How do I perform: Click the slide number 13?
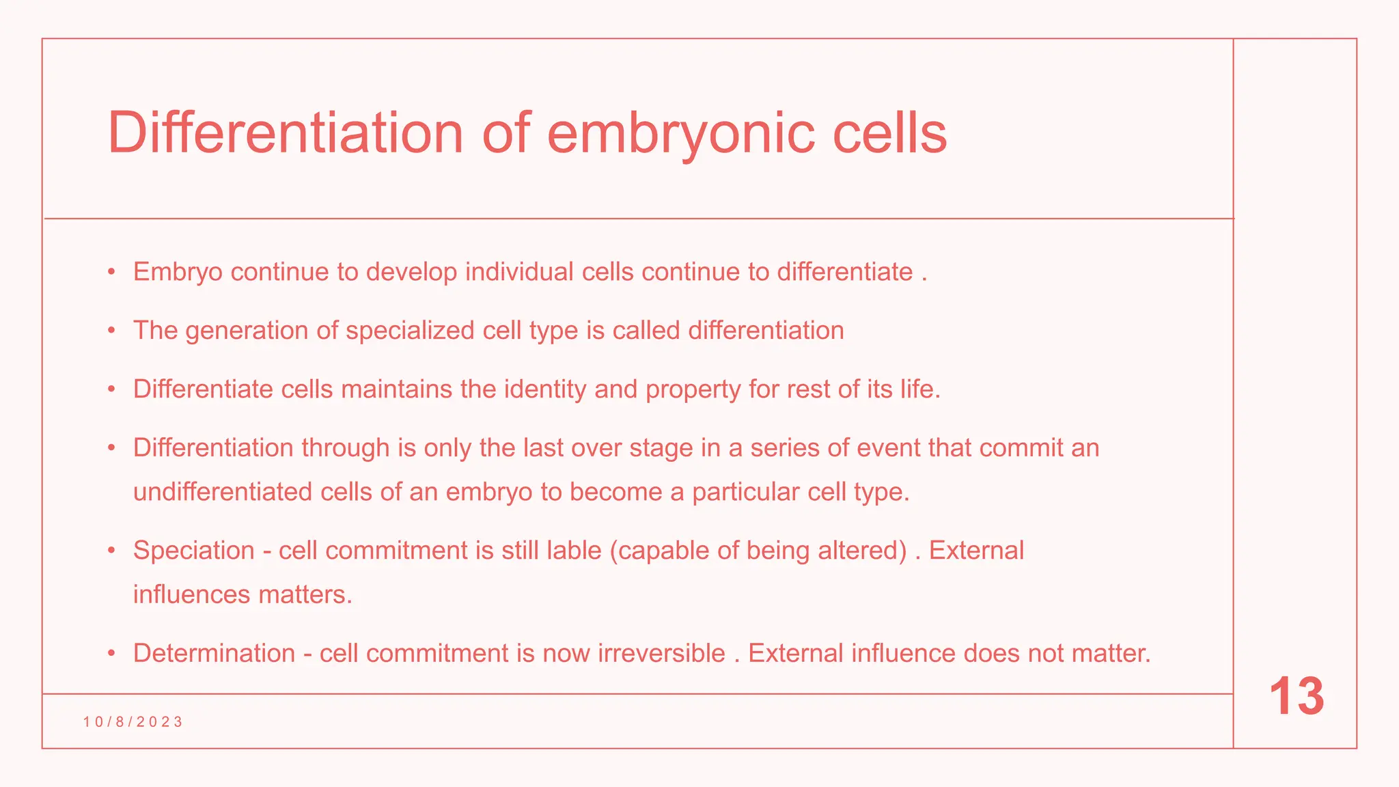pyautogui.click(x=1296, y=697)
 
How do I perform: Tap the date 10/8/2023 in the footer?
pyautogui.click(x=133, y=722)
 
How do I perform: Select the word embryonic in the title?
pyautogui.click(x=680, y=134)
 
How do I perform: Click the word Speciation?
pyautogui.click(x=193, y=551)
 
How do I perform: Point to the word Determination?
pyautogui.click(x=214, y=654)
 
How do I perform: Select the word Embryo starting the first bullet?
pyautogui.click(x=178, y=273)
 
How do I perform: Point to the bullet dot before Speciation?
pyautogui.click(x=111, y=551)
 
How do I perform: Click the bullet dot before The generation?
pyautogui.click(x=111, y=331)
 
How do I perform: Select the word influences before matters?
pyautogui.click(x=192, y=595)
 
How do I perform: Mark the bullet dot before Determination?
pyautogui.click(x=111, y=654)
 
